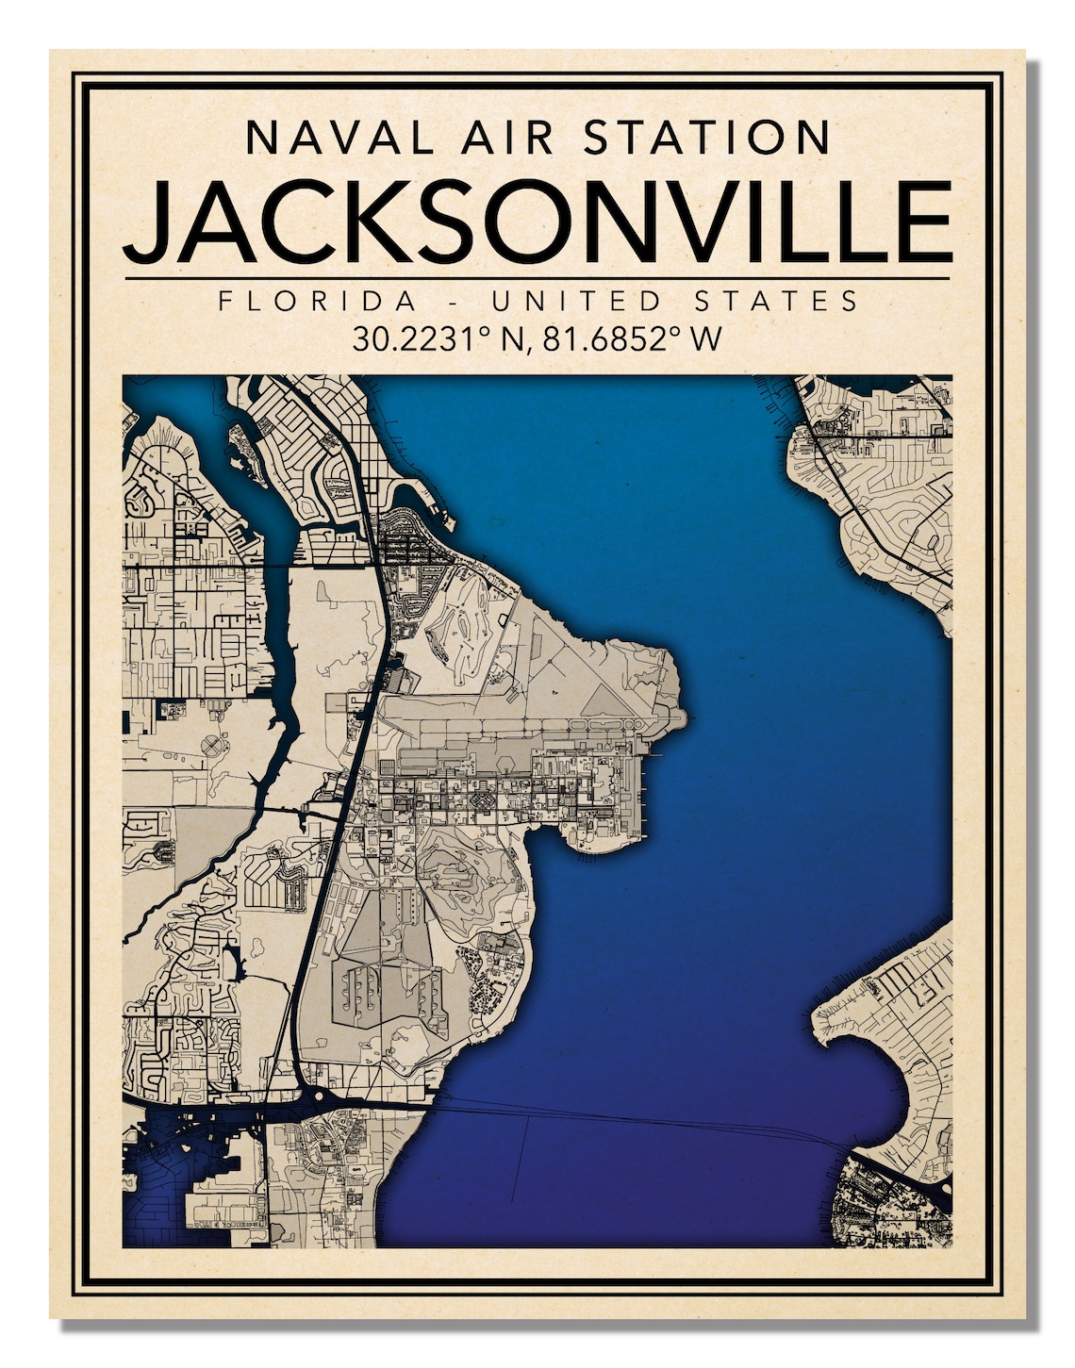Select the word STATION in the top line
(x=706, y=137)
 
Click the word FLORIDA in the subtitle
(x=317, y=301)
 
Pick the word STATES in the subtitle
(x=776, y=301)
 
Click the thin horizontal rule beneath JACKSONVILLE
(x=537, y=279)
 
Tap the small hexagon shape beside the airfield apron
(x=481, y=801)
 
